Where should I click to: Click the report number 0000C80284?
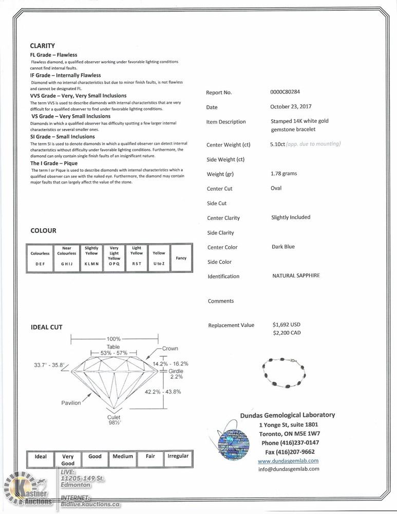[285, 93]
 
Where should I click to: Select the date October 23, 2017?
[291, 107]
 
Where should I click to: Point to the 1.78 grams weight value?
[283, 174]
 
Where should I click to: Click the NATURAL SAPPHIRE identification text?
[296, 276]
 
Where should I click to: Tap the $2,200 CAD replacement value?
[287, 333]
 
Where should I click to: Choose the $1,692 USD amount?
[287, 325]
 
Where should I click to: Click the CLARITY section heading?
[42, 46]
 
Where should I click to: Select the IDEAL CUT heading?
[46, 327]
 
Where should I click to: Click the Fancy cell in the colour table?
[181, 258]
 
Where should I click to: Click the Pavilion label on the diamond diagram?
[71, 403]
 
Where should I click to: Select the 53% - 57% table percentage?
[114, 354]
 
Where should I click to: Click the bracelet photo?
[284, 373]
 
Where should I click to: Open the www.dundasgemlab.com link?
[288, 461]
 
